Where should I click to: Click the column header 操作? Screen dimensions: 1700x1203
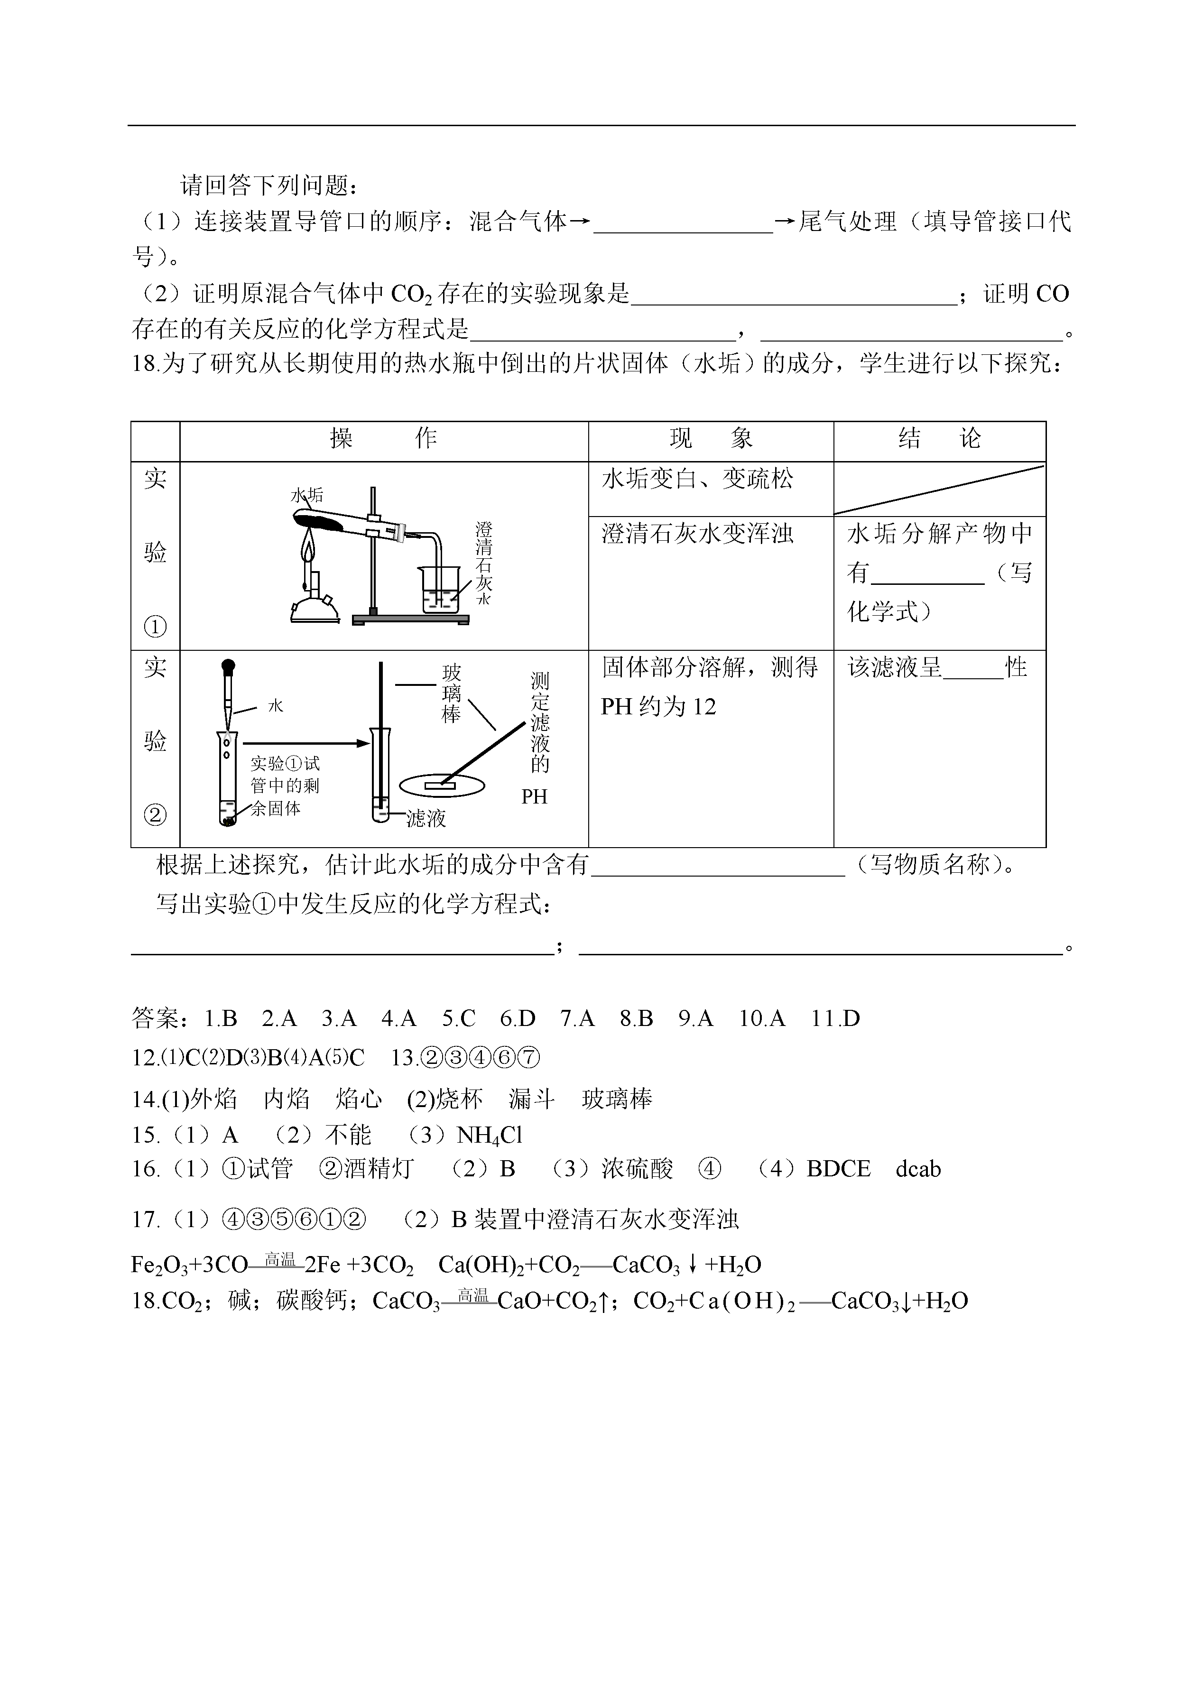[x=384, y=439]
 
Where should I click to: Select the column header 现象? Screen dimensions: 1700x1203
[x=711, y=439]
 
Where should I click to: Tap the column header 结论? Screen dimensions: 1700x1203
[x=939, y=439]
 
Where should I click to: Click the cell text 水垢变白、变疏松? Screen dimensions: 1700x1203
[x=697, y=479]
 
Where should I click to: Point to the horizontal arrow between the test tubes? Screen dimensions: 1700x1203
[x=305, y=742]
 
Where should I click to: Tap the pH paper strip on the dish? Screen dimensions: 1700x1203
[x=439, y=783]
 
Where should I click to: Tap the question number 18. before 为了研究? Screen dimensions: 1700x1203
[x=145, y=364]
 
